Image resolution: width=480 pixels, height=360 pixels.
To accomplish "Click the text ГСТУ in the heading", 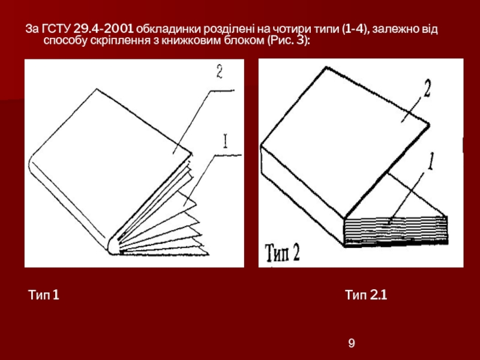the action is pos(56,29).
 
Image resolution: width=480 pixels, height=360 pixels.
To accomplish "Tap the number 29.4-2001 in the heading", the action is pos(103,29).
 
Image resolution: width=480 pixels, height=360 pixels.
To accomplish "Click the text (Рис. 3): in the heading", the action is pos(289,40).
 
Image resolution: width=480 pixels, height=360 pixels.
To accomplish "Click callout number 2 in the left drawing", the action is pos(220,72).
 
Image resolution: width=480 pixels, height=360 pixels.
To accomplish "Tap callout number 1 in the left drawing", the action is pos(226,141).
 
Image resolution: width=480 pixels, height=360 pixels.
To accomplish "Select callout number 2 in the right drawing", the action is pos(427,88).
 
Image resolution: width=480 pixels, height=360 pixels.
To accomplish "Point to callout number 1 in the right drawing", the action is pos(431,161).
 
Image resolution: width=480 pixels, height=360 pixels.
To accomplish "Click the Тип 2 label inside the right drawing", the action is pos(282,253).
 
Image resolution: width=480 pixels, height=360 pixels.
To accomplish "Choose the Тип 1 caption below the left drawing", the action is pos(43,295).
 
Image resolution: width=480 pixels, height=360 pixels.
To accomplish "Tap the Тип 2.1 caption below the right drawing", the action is pos(366,295).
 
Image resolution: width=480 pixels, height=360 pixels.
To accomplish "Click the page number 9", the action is pos(352,343).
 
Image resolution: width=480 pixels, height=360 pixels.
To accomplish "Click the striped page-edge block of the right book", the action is pos(395,231).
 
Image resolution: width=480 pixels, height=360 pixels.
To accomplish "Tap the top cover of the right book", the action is pos(344,141).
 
